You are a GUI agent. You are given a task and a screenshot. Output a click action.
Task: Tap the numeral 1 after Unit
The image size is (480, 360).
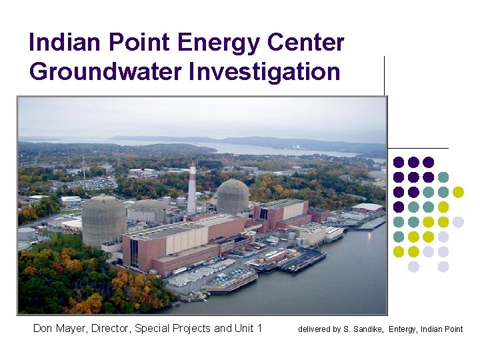click(259, 328)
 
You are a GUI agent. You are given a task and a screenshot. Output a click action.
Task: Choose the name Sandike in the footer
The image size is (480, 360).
click(368, 329)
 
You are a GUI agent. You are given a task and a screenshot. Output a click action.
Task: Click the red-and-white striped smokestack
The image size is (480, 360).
click(192, 187)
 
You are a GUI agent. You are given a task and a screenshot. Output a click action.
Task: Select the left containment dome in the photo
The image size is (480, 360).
click(103, 220)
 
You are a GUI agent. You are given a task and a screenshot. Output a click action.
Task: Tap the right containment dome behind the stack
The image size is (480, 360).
click(233, 196)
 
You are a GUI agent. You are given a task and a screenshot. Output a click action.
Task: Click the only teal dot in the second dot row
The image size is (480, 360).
click(443, 177)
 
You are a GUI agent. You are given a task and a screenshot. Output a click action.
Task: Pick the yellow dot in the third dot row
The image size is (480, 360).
click(458, 192)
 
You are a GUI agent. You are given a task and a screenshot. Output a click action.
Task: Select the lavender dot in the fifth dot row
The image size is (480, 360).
click(458, 222)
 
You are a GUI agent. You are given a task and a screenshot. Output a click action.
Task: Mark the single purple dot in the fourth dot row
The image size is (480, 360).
click(399, 207)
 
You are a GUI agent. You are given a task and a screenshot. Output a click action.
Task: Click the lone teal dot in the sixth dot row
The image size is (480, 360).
click(399, 237)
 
